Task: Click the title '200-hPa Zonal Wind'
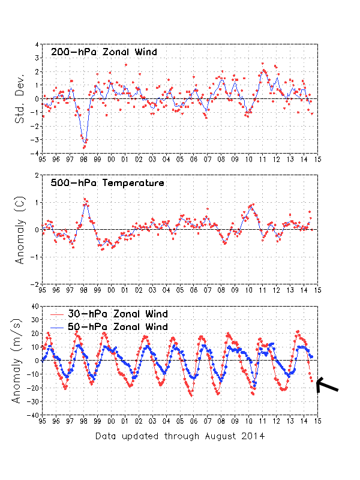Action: point(104,52)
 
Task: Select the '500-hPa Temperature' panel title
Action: point(107,183)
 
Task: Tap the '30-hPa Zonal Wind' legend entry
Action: point(110,314)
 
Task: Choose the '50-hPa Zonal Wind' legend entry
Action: point(110,326)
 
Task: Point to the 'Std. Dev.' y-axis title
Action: point(20,98)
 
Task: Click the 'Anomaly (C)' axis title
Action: point(20,229)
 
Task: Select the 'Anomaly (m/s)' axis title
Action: point(20,360)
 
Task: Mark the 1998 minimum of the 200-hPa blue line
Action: point(85,143)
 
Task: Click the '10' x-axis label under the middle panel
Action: point(248,290)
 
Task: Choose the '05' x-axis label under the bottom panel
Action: point(179,421)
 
